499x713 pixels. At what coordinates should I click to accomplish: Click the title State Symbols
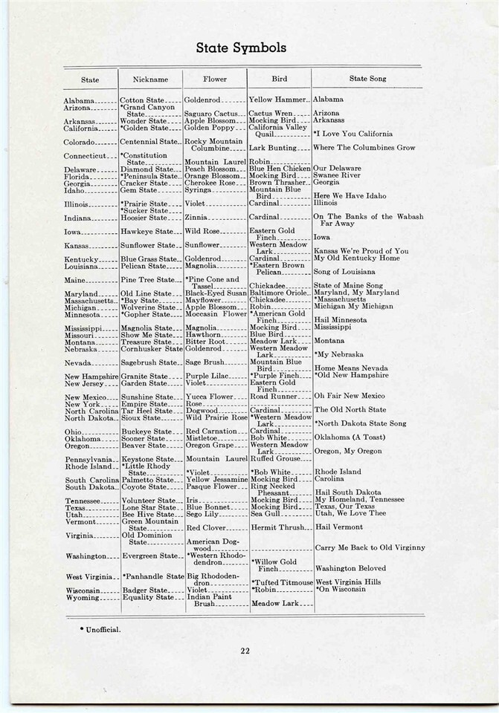click(x=240, y=48)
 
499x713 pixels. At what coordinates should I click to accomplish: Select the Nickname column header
click(x=150, y=79)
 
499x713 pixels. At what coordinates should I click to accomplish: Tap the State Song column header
click(x=367, y=79)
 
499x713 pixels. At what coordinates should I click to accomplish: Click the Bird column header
click(x=279, y=79)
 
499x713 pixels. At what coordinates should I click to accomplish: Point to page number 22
click(x=245, y=651)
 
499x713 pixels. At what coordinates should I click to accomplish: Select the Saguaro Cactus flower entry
click(x=210, y=114)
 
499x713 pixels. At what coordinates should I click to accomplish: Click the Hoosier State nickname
click(x=144, y=218)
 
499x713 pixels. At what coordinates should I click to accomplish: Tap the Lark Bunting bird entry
click(x=274, y=149)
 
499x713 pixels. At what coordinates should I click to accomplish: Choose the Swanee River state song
click(x=342, y=176)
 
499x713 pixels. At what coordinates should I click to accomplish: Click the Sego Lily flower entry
click(x=205, y=513)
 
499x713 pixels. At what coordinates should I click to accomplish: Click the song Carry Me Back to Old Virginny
click(x=370, y=548)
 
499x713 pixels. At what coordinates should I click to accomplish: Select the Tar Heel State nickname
click(x=148, y=410)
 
